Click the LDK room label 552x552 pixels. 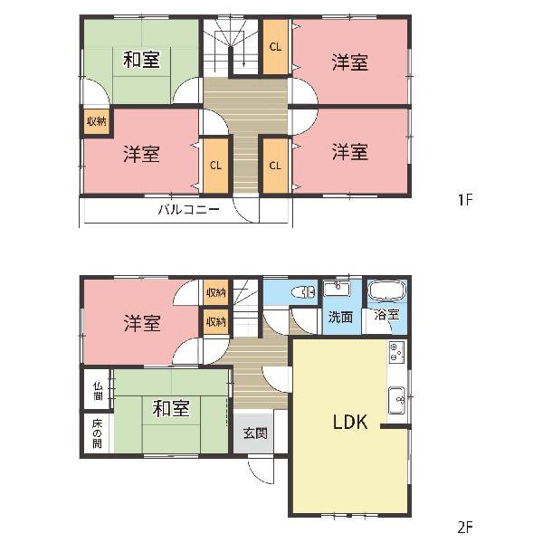[350, 422]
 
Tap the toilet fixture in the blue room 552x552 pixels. [303, 292]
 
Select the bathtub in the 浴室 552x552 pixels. [386, 290]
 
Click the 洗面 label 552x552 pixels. [340, 317]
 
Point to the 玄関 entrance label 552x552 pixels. [255, 433]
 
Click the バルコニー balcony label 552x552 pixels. [189, 210]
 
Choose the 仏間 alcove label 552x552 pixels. [98, 391]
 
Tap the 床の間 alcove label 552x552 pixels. [97, 433]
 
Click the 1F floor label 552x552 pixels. [465, 200]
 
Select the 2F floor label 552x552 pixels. [465, 527]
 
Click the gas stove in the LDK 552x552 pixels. [396, 352]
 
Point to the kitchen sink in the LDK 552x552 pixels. [396, 400]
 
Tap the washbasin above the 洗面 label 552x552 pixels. [337, 289]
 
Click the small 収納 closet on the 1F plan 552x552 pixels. [97, 122]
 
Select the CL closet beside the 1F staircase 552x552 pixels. [275, 46]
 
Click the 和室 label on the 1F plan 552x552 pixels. [141, 60]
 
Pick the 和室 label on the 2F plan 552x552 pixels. [171, 408]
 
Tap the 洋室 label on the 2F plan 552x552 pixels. [141, 323]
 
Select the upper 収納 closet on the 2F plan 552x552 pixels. [215, 292]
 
